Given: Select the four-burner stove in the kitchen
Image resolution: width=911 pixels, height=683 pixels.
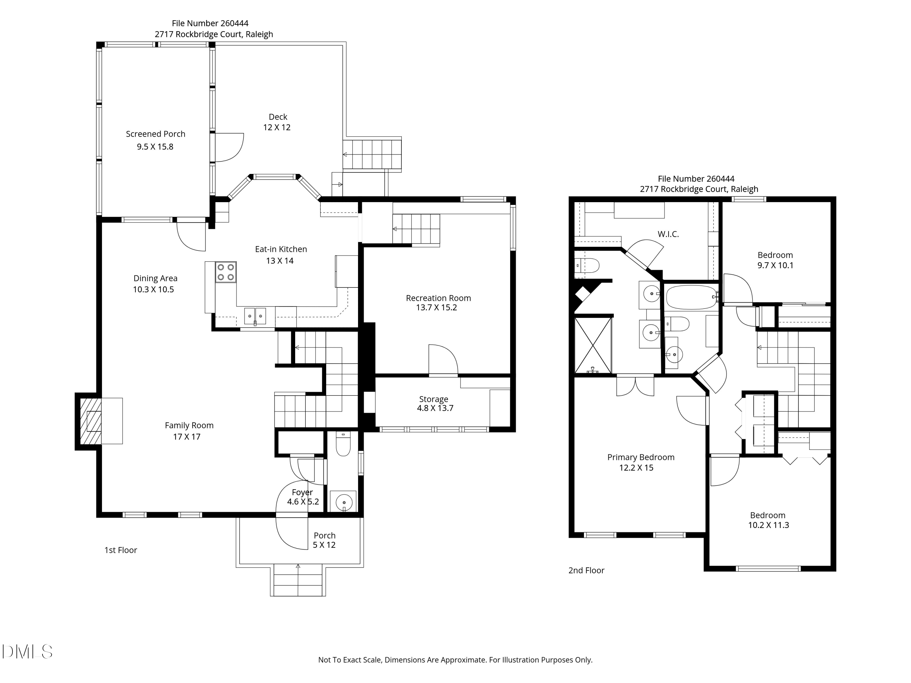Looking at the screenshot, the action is [226, 272].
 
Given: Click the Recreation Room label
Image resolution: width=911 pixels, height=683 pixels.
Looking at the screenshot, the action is [438, 298].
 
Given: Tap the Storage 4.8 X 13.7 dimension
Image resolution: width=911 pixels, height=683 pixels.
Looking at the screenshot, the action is [435, 408].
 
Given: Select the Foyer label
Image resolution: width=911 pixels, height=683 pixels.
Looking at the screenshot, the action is [302, 492].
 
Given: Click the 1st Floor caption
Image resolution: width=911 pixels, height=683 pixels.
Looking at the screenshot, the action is [121, 550].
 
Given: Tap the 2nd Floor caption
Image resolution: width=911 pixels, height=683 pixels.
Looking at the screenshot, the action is [586, 570].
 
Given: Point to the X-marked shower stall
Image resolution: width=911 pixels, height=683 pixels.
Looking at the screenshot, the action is [593, 345].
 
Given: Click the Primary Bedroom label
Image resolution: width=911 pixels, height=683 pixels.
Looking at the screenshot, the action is [641, 457].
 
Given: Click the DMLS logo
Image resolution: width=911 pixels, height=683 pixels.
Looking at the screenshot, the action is [27, 652].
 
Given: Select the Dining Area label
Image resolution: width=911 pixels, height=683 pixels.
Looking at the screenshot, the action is [155, 278].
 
